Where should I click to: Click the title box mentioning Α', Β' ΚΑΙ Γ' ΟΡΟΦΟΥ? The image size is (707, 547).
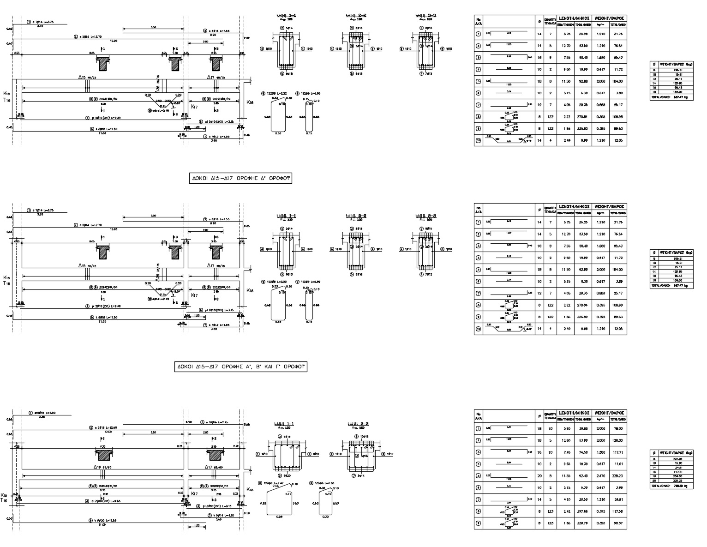241,367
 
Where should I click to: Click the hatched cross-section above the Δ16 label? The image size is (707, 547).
105,455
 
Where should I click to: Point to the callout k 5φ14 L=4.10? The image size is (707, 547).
220,515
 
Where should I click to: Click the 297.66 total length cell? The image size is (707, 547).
583,511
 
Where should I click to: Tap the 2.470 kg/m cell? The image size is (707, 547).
600,476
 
